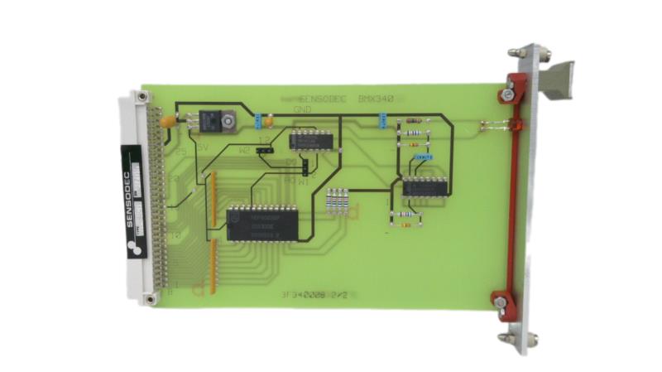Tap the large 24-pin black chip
tap(262, 223)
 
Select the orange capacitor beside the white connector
tap(167, 121)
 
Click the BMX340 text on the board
tap(375, 99)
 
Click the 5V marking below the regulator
tap(201, 148)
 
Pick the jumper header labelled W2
tap(264, 152)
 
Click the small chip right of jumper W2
tap(310, 138)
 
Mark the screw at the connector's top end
tap(146, 98)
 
